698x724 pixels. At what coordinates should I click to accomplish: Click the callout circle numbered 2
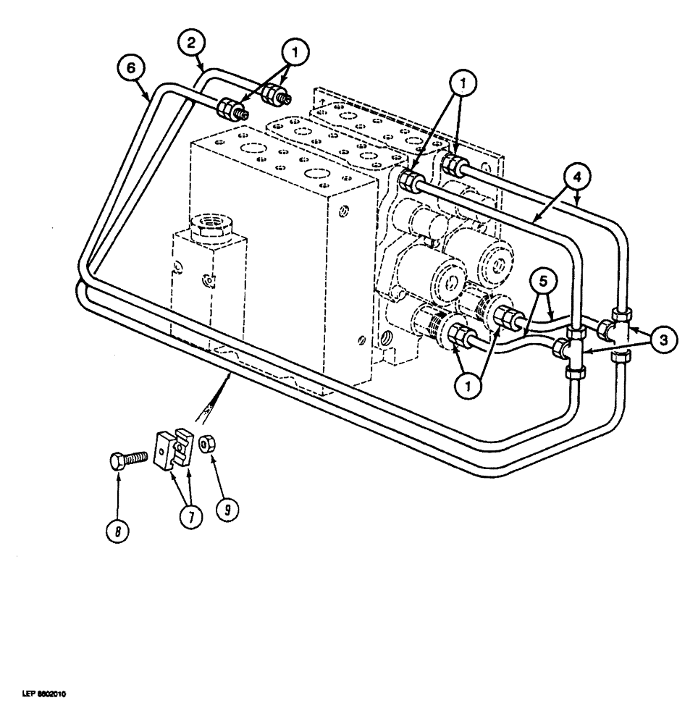pos(191,43)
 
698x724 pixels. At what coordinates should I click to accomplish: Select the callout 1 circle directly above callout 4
pos(463,85)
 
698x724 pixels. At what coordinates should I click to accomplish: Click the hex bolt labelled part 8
pos(128,460)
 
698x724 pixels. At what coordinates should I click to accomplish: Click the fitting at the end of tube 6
pos(231,110)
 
